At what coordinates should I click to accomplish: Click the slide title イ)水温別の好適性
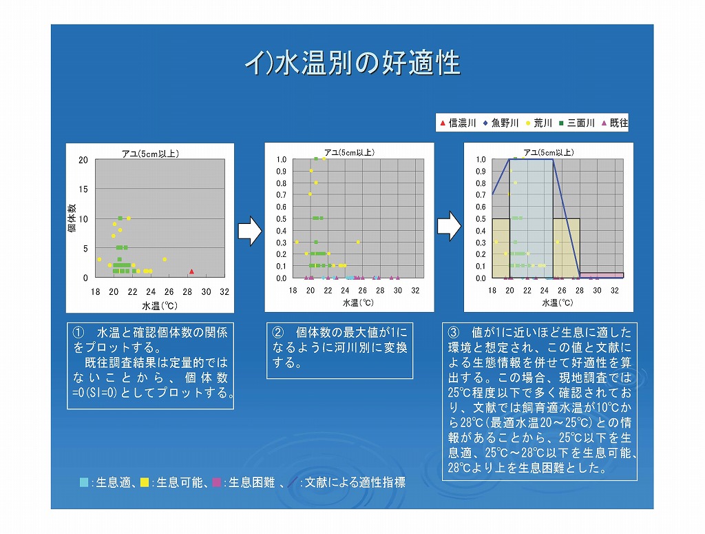[352, 63]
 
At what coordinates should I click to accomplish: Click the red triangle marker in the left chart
[191, 271]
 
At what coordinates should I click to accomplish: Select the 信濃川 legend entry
[458, 123]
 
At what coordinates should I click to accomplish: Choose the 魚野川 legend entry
[501, 123]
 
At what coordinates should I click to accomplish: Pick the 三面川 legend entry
[577, 123]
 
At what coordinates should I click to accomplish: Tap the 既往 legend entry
[615, 123]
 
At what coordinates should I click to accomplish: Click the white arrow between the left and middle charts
[249, 231]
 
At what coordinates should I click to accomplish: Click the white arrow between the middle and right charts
[449, 226]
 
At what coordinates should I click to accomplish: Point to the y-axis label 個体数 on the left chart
[72, 218]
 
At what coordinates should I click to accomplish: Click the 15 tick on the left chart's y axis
[83, 189]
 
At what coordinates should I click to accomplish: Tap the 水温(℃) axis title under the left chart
[160, 306]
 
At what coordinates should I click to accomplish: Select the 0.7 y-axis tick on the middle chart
[282, 195]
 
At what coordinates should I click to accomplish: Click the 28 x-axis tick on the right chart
[580, 291]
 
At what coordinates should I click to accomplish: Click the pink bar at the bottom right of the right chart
[602, 275]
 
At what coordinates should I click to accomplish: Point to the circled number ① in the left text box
[78, 332]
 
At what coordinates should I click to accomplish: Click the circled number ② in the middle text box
[278, 332]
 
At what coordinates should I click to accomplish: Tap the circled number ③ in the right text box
[454, 332]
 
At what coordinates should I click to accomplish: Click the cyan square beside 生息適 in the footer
[83, 482]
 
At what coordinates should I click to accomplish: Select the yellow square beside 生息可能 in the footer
[145, 482]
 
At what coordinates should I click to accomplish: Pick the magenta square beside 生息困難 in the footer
[217, 482]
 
